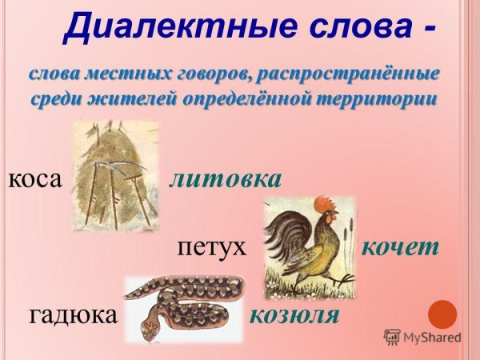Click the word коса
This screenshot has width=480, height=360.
(35, 179)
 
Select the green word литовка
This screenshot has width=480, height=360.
(226, 178)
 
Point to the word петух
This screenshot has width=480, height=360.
(211, 246)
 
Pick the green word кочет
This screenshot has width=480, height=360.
(401, 246)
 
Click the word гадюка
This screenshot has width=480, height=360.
(73, 314)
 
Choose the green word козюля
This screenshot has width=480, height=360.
(294, 314)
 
